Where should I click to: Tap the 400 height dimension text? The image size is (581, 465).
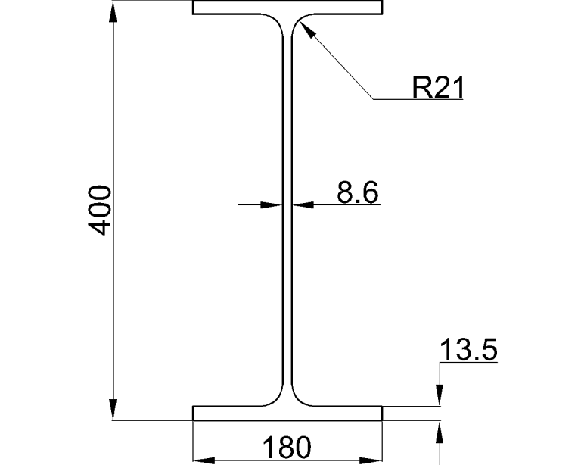point(101,209)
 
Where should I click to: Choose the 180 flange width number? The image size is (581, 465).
point(287,448)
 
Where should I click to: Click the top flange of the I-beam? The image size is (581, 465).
point(287,8)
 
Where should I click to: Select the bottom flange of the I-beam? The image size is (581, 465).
point(287,413)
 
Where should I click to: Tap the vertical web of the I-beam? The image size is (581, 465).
point(287,212)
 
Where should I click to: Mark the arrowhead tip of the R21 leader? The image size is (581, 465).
point(300,23)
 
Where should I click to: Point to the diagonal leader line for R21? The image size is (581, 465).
point(337,61)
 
